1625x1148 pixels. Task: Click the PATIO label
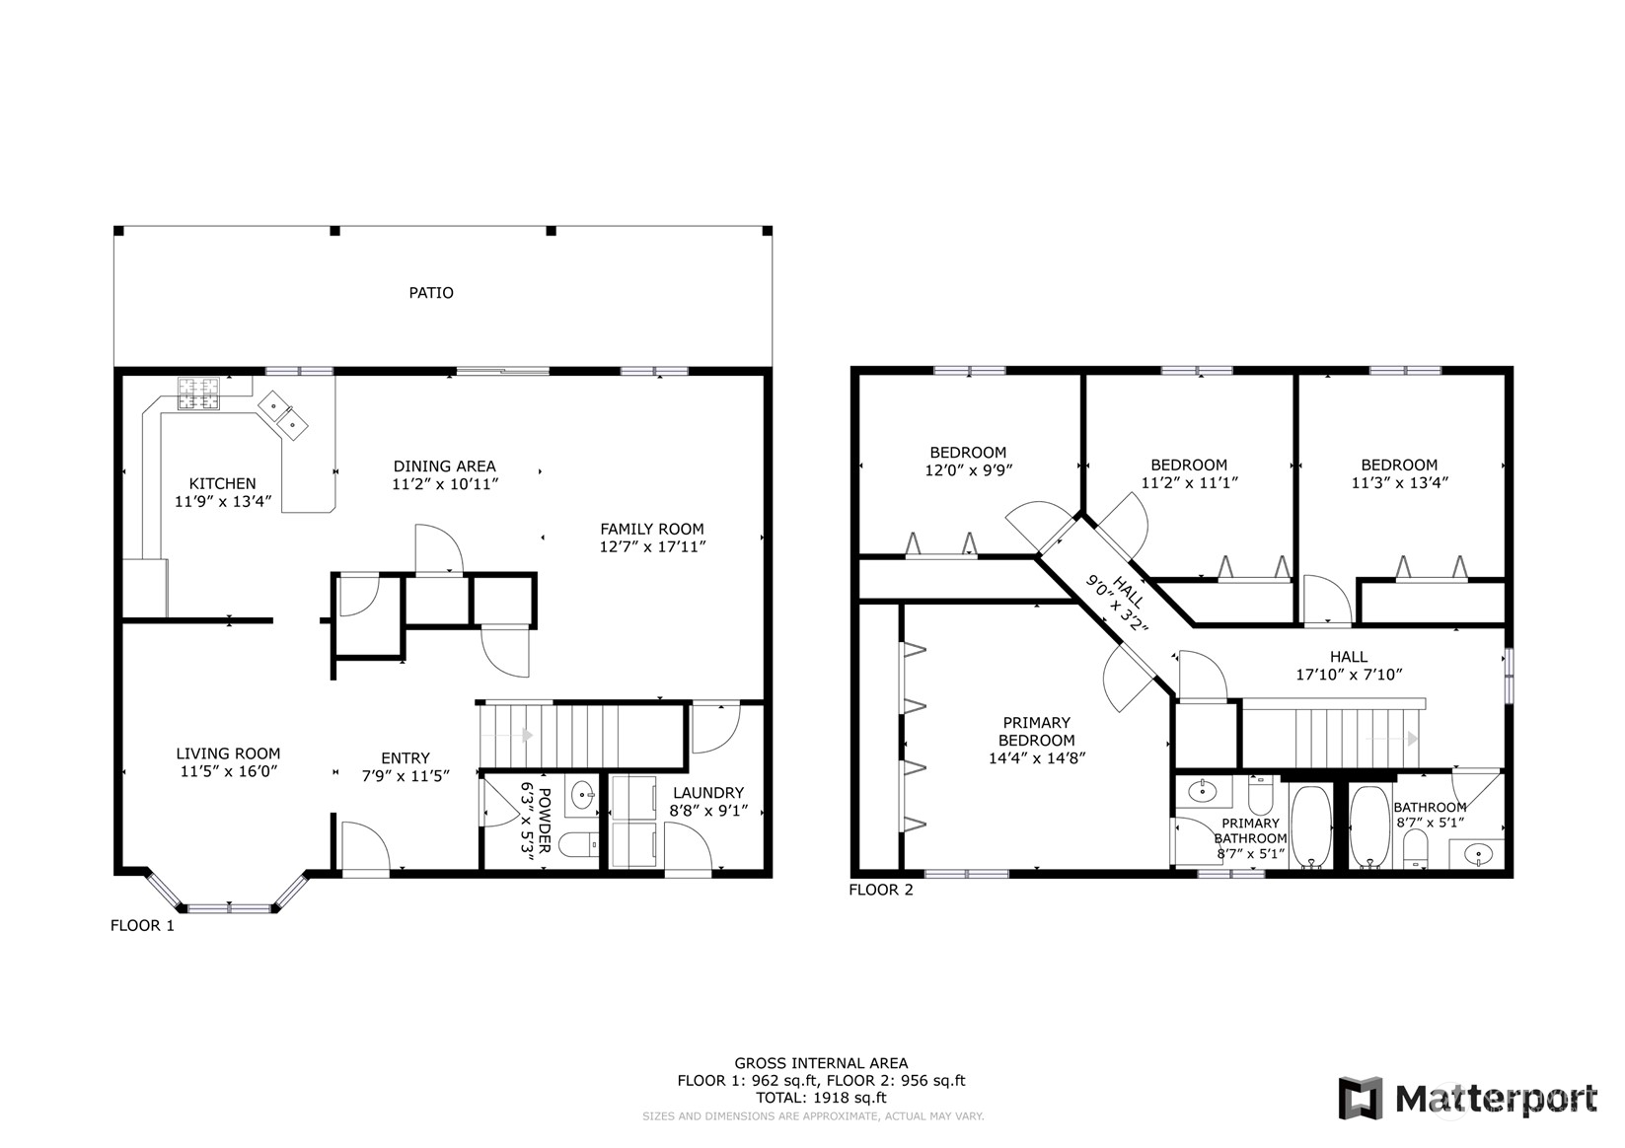(431, 293)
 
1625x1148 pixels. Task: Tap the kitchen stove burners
(198, 394)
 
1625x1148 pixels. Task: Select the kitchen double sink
(283, 415)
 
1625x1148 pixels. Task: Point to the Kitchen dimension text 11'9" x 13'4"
(223, 501)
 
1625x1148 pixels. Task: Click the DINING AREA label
(445, 466)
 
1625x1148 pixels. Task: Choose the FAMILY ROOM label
(652, 530)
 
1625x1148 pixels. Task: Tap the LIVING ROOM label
(228, 754)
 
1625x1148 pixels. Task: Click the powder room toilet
(579, 844)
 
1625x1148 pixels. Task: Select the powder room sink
(582, 796)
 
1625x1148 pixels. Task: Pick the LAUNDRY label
(708, 793)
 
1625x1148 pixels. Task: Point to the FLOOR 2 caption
(881, 890)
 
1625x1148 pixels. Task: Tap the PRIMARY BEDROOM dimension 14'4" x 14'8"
(1037, 758)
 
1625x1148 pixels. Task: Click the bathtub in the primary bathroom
(1311, 826)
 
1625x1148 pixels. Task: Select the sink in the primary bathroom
(1202, 791)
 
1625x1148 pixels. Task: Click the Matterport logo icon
(1361, 1098)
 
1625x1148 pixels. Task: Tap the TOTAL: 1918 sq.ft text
(821, 1098)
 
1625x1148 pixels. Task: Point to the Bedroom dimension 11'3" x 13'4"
(1399, 483)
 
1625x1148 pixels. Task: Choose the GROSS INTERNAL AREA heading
(821, 1063)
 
